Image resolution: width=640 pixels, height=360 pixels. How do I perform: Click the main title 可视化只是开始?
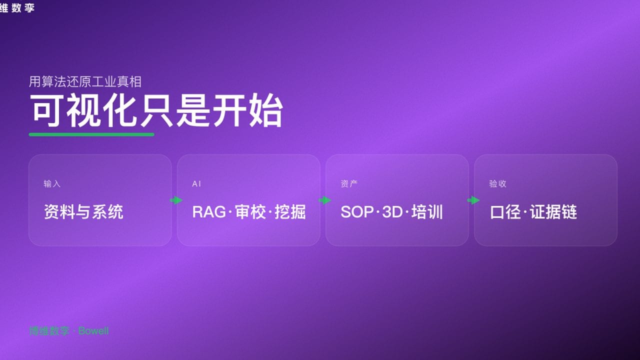156,110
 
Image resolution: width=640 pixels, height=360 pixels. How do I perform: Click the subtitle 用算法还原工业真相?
85,81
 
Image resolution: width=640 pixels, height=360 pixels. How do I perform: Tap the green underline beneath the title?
91,134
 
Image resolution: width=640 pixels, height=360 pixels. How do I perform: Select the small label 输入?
52,184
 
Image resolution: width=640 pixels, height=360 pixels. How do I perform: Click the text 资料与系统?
83,212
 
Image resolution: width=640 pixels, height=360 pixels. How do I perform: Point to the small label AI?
196,184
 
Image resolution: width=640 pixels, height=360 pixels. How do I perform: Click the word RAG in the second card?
209,212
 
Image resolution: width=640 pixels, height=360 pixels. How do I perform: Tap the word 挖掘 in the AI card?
290,212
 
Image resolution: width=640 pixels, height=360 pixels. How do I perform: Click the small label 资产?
349,184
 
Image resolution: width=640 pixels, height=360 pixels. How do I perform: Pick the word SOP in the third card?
357,212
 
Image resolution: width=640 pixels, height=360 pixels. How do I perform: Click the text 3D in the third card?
392,212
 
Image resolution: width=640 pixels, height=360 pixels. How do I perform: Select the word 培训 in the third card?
427,212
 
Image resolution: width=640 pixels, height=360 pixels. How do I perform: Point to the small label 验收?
497,184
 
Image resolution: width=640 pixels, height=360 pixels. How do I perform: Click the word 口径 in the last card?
506,212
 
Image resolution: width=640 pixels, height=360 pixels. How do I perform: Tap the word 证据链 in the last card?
553,212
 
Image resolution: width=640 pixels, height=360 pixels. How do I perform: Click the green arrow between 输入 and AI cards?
176,200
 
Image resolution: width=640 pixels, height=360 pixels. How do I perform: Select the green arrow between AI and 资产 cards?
325,200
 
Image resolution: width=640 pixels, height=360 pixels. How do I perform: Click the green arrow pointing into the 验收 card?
473,200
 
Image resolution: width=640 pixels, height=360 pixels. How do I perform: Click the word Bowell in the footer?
93,331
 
